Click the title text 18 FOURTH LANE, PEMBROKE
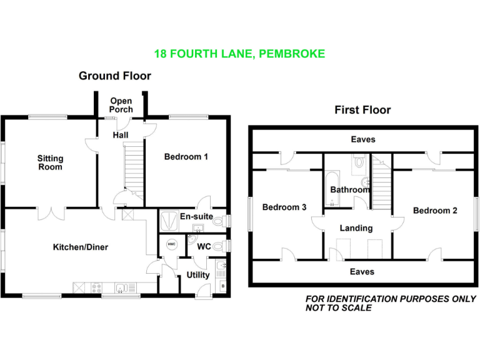point(240,54)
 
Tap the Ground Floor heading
point(114,76)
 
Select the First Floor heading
point(362,110)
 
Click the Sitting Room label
point(50,162)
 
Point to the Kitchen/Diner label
point(80,247)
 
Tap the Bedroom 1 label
point(186,157)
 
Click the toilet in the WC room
point(218,246)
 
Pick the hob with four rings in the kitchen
point(97,288)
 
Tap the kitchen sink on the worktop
point(122,288)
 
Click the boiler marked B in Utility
point(223,287)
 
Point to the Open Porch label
point(121,105)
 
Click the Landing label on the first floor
point(356,228)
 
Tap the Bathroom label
point(350,189)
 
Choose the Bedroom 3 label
point(284,207)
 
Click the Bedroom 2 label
point(435,211)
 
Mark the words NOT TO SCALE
point(338,307)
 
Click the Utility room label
point(197,275)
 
